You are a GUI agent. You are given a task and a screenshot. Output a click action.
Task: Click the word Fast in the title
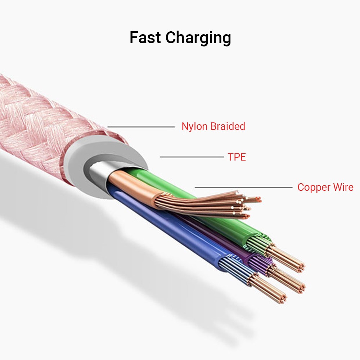(145, 37)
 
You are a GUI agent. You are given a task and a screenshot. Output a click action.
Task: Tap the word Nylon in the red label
(194, 127)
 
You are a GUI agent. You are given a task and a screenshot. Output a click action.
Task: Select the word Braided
(228, 126)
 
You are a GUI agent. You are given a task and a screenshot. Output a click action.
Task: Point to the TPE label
(237, 157)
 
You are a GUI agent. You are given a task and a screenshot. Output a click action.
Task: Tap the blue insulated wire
(173, 230)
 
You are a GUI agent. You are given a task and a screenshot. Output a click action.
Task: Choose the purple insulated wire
(230, 245)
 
